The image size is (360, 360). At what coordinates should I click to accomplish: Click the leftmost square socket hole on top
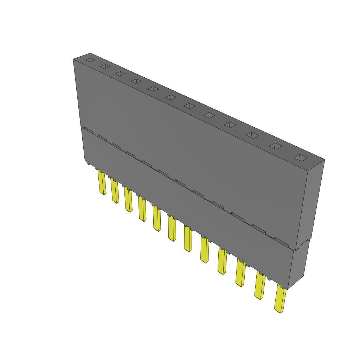pos(90,60)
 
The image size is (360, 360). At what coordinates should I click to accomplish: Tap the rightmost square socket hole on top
pos(300,158)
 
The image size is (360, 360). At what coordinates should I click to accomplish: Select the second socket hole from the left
pos(105,66)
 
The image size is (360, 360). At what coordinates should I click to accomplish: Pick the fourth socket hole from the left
pos(136,81)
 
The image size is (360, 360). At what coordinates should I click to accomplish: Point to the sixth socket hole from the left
pos(171,97)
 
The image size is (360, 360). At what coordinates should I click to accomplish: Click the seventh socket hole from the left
pos(189,106)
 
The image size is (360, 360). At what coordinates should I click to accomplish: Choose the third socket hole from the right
pos(252,135)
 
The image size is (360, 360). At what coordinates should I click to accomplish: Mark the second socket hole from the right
pos(275,146)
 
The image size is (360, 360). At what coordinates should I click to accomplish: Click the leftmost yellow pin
pos(102,183)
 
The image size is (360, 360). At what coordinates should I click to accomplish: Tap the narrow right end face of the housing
pos(309,204)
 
